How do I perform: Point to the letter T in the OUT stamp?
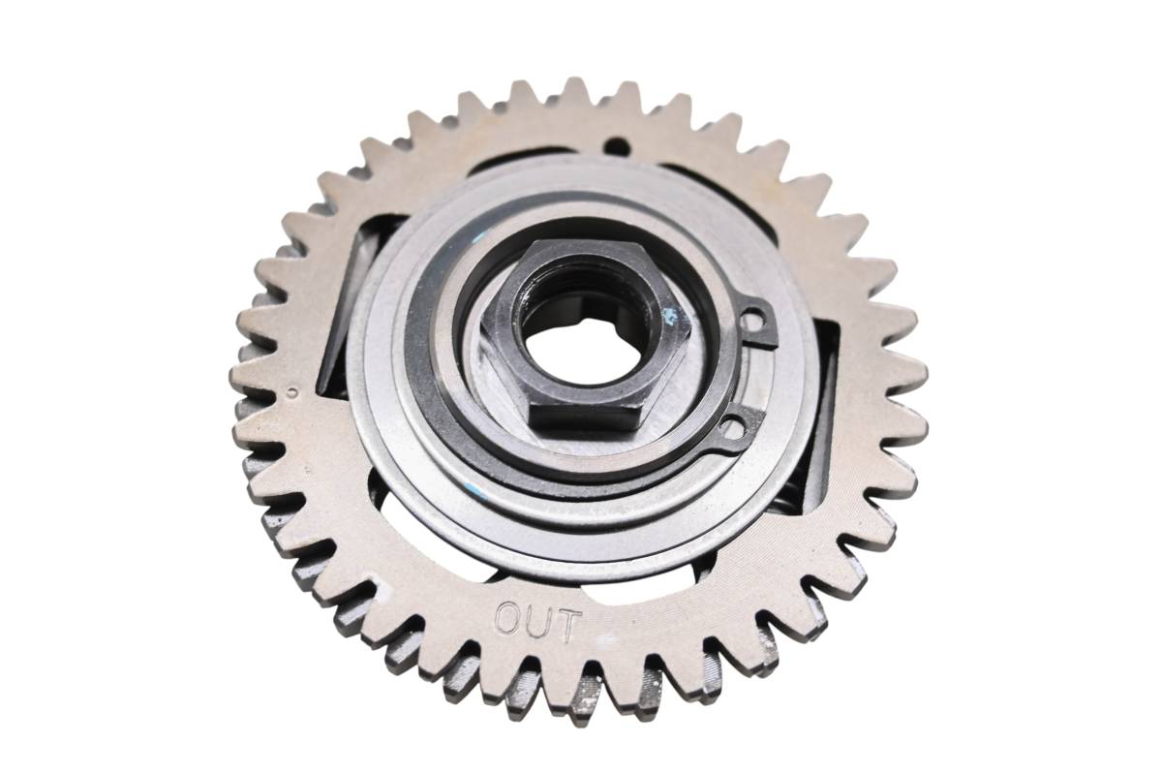566,627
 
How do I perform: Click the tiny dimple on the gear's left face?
293,392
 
